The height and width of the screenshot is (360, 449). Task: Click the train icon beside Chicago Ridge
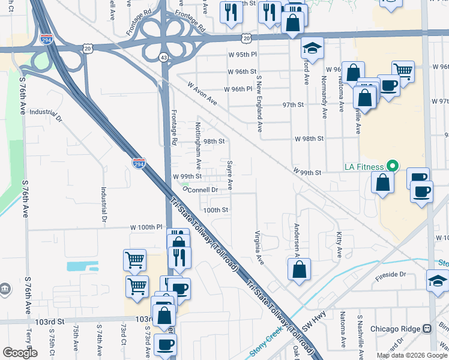point(427,329)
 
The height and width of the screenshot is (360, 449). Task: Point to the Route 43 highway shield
point(163,57)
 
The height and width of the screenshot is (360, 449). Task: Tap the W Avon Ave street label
point(202,94)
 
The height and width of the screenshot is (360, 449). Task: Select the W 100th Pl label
point(147,227)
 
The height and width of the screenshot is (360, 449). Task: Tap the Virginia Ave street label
point(259,248)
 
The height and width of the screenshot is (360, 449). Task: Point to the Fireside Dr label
point(407,274)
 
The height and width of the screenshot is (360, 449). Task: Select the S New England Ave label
point(259,103)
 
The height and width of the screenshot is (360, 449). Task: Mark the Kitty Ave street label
point(339,244)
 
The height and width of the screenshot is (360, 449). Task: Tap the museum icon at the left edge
point(5,289)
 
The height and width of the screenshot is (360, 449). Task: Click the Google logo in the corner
point(20,353)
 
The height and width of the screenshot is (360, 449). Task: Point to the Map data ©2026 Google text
point(411,355)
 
